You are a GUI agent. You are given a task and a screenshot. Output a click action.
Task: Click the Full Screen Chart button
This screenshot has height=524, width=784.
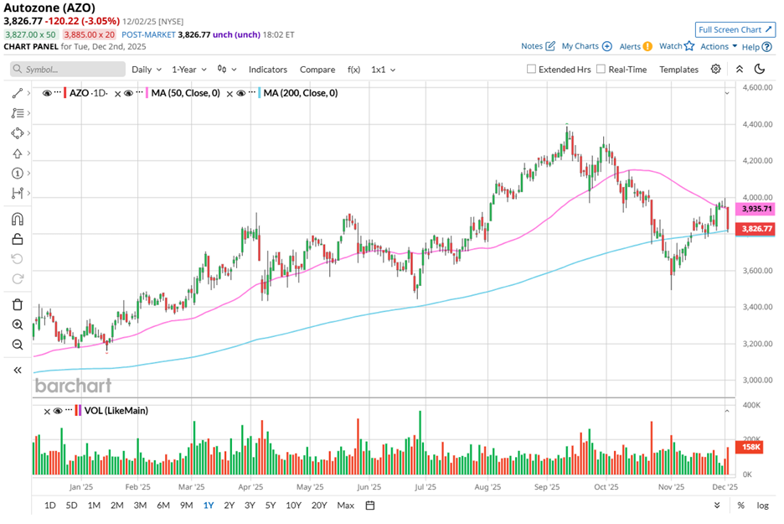point(735,30)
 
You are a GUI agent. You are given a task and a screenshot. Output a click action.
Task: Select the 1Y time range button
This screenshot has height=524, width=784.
point(207,506)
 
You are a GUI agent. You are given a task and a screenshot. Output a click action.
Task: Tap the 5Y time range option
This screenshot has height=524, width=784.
point(271,506)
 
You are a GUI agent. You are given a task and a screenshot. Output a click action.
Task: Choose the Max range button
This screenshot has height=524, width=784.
point(345,506)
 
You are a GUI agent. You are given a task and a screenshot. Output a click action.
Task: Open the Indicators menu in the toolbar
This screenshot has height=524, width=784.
point(267,70)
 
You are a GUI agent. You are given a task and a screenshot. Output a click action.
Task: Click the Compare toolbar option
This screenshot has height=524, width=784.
point(317,70)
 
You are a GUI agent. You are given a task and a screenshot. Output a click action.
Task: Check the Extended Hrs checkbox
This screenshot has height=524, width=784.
point(531,70)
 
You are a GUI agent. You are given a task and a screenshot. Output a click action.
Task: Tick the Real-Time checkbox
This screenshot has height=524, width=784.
point(601,70)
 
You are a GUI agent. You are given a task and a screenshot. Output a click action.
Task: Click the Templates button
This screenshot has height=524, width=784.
point(678,70)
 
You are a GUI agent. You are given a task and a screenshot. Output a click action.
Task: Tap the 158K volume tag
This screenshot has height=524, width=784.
point(751,447)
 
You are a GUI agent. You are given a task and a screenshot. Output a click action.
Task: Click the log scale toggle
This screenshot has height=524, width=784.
point(762,506)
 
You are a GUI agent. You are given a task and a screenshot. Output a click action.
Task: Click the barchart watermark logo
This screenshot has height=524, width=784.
point(72,386)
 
